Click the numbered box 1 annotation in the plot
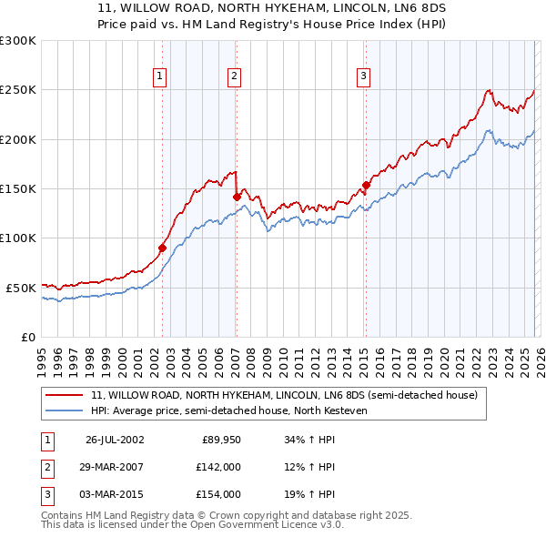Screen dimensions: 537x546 (159, 77)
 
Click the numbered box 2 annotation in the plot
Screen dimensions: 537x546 (234, 77)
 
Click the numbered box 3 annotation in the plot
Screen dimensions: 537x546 (363, 77)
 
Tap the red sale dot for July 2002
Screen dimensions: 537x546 (163, 248)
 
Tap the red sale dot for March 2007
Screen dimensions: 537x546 (237, 196)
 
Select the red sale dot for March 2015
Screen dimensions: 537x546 (366, 185)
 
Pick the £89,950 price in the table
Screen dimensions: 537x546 (221, 440)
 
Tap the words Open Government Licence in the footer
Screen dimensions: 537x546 (248, 525)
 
